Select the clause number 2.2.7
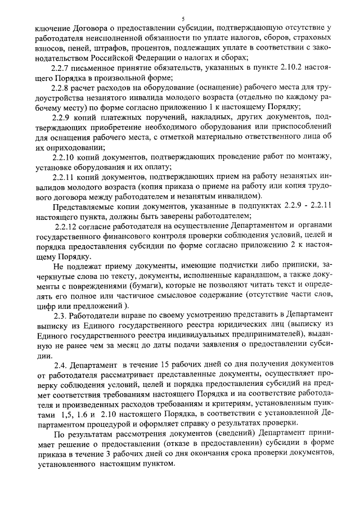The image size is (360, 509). point(61,67)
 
